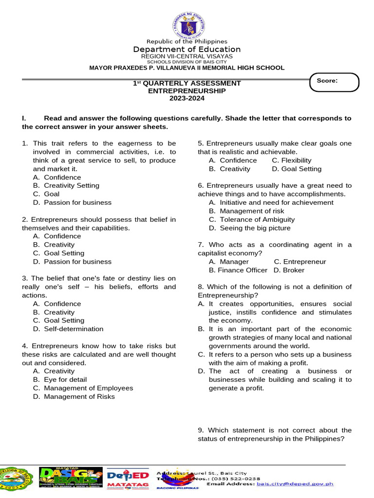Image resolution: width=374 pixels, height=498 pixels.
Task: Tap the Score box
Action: coord(335,82)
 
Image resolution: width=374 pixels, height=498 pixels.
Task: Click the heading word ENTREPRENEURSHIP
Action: coord(187,90)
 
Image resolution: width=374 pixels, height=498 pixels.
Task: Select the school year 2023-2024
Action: coord(187,98)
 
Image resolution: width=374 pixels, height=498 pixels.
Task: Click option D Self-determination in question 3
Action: coord(68,329)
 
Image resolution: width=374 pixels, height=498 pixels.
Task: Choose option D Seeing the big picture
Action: coord(249,228)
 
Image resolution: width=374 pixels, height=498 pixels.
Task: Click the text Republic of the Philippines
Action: coord(187,41)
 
